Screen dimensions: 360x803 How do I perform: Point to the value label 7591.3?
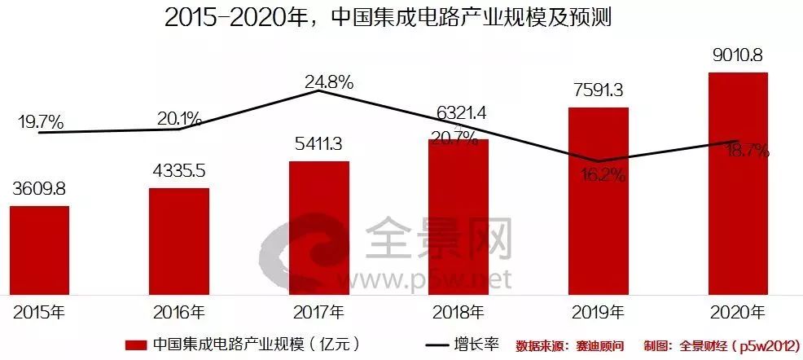coord(598,92)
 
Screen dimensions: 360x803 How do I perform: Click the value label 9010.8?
coord(738,57)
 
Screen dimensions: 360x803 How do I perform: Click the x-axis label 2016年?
coord(179,311)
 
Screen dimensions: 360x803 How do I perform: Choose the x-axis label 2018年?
coord(459,311)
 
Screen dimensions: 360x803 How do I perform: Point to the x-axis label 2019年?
coord(599,311)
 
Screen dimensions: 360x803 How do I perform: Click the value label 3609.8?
coord(39,190)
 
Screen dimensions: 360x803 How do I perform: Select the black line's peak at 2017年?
coord(319,90)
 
